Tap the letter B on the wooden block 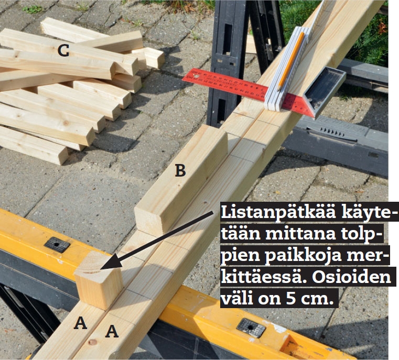[x=180, y=170]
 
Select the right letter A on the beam [x=112, y=331]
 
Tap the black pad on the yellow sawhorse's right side [x=251, y=328]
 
